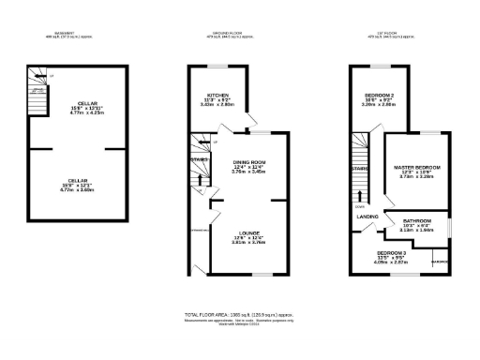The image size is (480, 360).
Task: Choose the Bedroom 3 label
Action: coord(392,253)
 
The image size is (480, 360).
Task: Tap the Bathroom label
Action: coord(416,221)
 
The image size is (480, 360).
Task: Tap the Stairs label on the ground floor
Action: coord(199,159)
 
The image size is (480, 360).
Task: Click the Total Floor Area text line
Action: coord(240,314)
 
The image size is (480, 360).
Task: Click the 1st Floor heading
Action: coord(387,36)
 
